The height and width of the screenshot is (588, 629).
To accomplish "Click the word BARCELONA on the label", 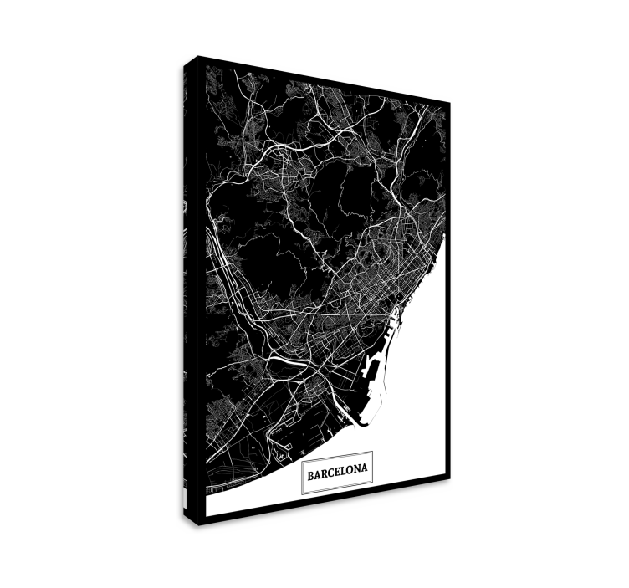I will [336, 474].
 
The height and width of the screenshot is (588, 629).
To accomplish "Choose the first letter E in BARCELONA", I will [337, 474].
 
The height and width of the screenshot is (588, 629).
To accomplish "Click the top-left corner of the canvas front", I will [197, 58].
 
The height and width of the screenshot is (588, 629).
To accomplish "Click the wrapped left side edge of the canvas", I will [189, 293].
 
